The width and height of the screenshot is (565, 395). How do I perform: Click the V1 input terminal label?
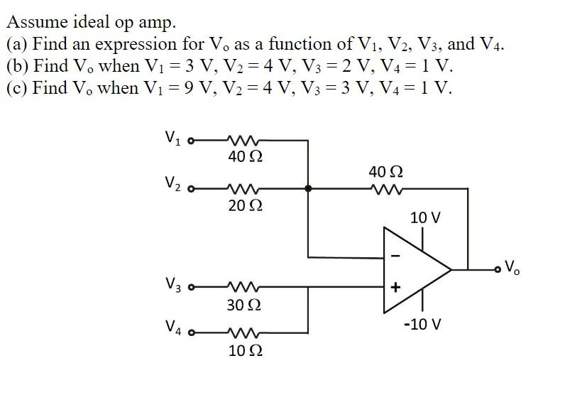(x=172, y=136)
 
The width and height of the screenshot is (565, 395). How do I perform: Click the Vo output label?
(x=512, y=269)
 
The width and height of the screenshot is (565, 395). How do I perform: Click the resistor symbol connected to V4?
(x=243, y=332)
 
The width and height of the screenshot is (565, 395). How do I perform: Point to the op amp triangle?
(x=415, y=270)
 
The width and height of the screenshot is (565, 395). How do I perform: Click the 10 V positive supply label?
(x=425, y=217)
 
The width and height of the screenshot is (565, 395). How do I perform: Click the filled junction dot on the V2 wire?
(x=307, y=189)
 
